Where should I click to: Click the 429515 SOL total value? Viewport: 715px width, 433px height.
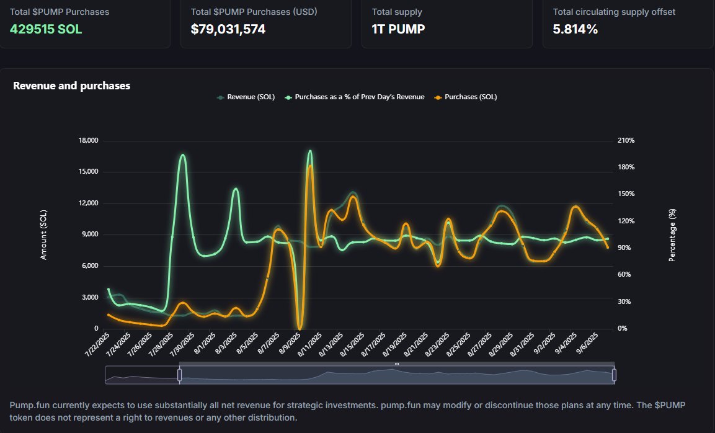click(45, 29)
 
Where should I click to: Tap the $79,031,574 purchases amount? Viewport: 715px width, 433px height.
click(228, 29)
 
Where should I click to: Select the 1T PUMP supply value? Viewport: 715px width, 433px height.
click(398, 29)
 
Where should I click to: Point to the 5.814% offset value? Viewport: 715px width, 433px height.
click(575, 29)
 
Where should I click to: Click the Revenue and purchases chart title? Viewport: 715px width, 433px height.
click(71, 86)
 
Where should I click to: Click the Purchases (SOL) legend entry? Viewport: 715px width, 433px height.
click(470, 97)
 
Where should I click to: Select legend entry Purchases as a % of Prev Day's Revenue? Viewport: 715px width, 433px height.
click(359, 97)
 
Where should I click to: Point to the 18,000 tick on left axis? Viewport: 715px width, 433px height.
click(89, 141)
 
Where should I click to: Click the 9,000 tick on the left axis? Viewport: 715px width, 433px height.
click(90, 234)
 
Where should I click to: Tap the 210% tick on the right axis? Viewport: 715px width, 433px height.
click(626, 141)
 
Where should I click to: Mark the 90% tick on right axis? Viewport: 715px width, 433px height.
click(624, 248)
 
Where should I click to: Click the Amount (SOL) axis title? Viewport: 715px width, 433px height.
click(43, 234)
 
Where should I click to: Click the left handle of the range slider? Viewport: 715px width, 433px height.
click(179, 375)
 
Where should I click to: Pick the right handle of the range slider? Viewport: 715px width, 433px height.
click(614, 375)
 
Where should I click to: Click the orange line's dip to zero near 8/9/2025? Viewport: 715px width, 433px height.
click(300, 327)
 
